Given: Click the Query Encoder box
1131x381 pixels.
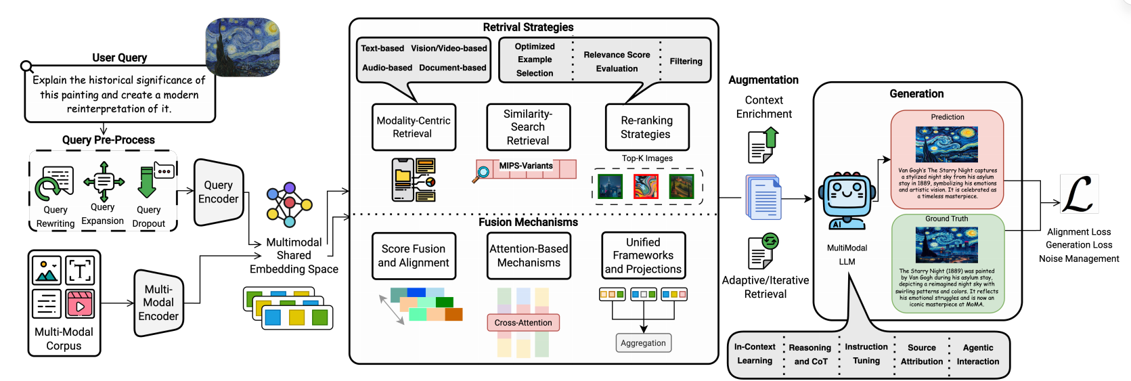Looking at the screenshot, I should (x=218, y=192).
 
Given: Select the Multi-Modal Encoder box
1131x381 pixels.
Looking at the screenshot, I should (x=158, y=302).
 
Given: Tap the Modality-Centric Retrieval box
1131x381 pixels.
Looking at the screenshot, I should (x=414, y=127).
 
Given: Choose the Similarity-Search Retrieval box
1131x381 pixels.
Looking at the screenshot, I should (x=528, y=127).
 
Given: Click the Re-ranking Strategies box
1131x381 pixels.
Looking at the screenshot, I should (x=646, y=127).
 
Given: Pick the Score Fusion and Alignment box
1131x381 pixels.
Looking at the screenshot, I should (x=414, y=256).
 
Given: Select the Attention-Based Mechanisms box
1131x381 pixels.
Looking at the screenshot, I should (x=529, y=256).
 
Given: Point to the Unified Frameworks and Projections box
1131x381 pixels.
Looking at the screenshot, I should (x=643, y=256).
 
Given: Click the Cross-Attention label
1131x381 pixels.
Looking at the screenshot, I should (x=523, y=323).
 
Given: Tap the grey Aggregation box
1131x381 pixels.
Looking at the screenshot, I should (x=643, y=343).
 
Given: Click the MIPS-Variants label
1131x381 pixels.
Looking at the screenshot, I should (x=526, y=166).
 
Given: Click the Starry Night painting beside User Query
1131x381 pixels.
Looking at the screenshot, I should (x=243, y=47).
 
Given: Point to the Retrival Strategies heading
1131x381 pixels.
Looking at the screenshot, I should (x=528, y=27).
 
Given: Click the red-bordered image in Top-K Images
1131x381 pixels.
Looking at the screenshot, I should (x=646, y=186).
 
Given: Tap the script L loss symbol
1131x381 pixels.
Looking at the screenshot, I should (x=1078, y=194).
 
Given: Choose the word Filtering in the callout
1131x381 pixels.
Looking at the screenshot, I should (x=686, y=62).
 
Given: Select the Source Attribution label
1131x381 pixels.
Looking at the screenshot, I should (x=921, y=355).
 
